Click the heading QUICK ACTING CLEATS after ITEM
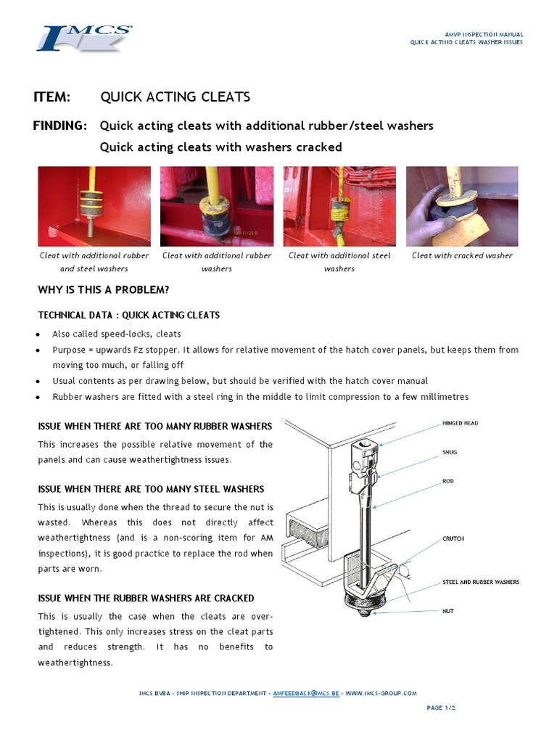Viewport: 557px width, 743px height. pos(175,97)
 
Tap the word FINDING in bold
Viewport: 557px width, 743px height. pos(59,126)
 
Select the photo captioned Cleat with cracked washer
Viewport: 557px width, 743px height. pos(462,206)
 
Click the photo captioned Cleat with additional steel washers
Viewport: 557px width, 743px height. pos(339,206)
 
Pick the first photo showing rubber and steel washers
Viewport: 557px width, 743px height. pos(94,206)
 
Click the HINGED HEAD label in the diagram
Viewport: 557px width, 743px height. pos(460,423)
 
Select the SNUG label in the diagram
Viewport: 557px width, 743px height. pos(450,452)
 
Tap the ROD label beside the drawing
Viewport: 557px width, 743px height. pos(448,481)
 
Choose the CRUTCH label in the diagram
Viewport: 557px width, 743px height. pos(453,538)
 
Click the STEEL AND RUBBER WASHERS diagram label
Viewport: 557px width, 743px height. pos(481,582)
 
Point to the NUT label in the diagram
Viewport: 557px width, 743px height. pos(447,611)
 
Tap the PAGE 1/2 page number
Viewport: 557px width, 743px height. pos(441,707)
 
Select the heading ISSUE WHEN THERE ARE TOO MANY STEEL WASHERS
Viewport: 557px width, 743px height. pos(151,489)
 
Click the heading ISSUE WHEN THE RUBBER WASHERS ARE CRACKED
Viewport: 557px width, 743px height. pos(146,598)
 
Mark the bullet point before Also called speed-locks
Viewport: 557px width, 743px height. pos(38,334)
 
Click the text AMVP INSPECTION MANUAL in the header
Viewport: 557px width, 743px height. pos(484,34)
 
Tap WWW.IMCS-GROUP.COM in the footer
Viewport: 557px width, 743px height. pos(381,693)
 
